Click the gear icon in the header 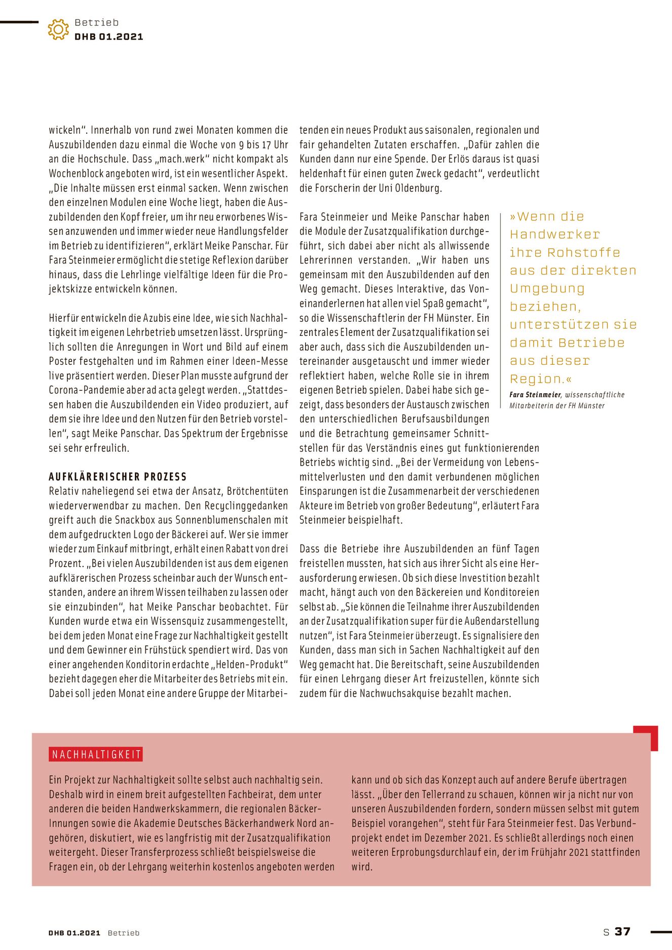(x=58, y=29)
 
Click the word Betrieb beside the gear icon (x=96, y=22)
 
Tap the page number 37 (x=622, y=931)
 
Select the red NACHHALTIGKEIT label (x=96, y=754)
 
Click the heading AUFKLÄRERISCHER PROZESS (x=118, y=477)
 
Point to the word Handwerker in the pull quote (x=554, y=235)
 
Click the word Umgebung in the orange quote (x=547, y=289)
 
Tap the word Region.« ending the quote (x=540, y=379)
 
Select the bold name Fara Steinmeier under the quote (x=535, y=395)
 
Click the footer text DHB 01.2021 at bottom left (x=74, y=933)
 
